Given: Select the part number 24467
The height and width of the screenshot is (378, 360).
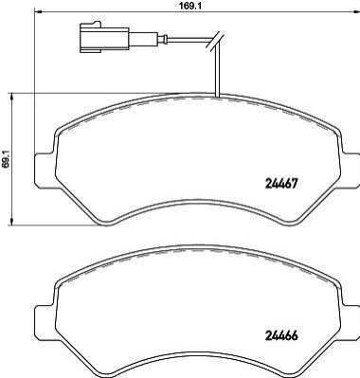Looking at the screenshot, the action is (280, 183).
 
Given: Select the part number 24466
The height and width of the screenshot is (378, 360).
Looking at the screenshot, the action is (280, 336).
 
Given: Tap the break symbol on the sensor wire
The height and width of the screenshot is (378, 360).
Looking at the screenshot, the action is (215, 41).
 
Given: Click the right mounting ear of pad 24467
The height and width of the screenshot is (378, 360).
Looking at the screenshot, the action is (351, 171).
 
